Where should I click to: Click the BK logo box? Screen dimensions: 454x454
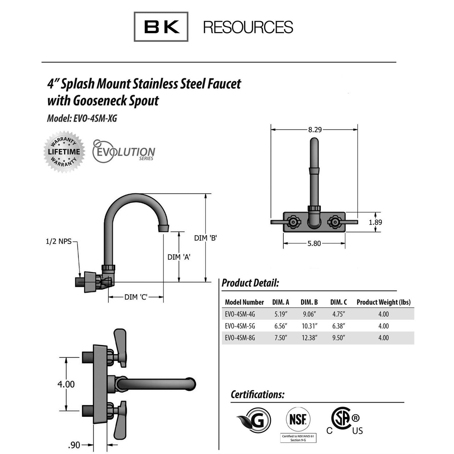click(x=161, y=27)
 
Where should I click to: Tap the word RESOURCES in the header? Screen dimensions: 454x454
click(x=248, y=27)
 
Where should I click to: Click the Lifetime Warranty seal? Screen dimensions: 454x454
click(x=64, y=152)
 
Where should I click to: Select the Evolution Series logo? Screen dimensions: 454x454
click(x=123, y=151)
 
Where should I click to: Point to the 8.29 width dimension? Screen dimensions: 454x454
click(x=315, y=130)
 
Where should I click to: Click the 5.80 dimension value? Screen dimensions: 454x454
click(x=314, y=243)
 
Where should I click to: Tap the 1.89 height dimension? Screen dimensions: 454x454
click(x=375, y=222)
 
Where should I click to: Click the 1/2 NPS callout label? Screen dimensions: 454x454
click(x=59, y=242)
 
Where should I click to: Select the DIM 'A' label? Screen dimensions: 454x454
click(x=179, y=257)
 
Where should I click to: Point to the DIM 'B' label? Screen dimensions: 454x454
click(x=205, y=238)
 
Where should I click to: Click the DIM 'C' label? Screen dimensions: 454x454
click(x=136, y=297)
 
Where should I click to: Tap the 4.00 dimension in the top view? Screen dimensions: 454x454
click(x=66, y=384)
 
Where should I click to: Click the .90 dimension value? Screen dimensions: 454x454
click(x=74, y=445)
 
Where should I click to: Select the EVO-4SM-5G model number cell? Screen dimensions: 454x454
click(x=240, y=326)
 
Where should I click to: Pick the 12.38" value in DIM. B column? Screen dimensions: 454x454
click(x=309, y=338)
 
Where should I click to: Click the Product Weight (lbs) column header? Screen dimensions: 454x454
click(x=383, y=302)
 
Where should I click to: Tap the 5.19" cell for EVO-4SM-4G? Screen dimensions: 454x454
click(x=281, y=314)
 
